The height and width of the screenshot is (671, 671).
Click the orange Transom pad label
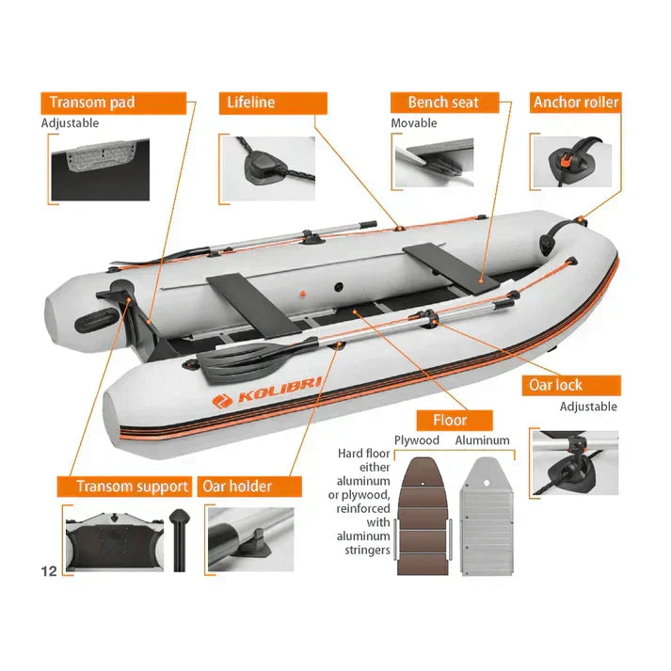pyautogui.click(x=114, y=104)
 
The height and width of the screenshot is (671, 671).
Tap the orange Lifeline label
pyautogui.click(x=273, y=104)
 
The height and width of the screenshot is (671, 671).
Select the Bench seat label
pyautogui.click(x=444, y=103)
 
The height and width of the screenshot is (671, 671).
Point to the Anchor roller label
pyautogui.click(x=576, y=103)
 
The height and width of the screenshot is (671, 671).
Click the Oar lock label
pyautogui.click(x=571, y=385)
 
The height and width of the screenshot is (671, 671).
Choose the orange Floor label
pyautogui.click(x=455, y=421)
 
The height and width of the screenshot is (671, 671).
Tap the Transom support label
pyautogui.click(x=124, y=487)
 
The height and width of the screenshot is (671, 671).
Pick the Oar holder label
pyautogui.click(x=249, y=487)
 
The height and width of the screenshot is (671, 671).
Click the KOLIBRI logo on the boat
pyautogui.click(x=267, y=391)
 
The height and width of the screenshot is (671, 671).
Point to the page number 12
pyautogui.click(x=49, y=571)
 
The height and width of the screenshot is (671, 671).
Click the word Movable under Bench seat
pyautogui.click(x=414, y=123)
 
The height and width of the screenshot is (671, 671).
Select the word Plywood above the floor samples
pyautogui.click(x=417, y=440)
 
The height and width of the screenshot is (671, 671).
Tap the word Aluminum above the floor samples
pyautogui.click(x=482, y=440)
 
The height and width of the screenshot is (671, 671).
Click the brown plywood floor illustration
pyautogui.click(x=423, y=516)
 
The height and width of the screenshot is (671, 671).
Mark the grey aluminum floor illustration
pyautogui.click(x=487, y=516)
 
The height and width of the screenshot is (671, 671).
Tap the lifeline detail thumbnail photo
pyautogui.click(x=268, y=168)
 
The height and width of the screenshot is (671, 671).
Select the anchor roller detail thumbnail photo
pyautogui.click(x=573, y=162)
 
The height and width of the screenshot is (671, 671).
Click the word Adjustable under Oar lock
pyautogui.click(x=588, y=407)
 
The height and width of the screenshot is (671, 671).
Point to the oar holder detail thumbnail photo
pyautogui.click(x=250, y=539)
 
